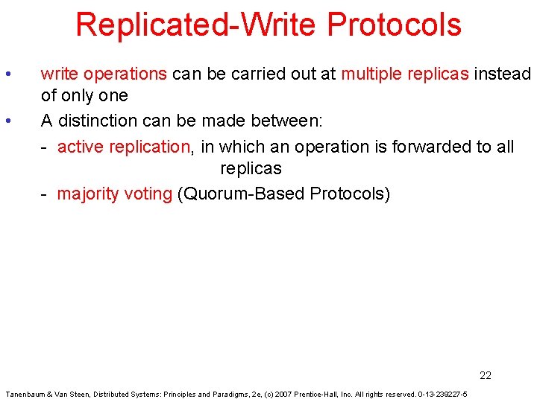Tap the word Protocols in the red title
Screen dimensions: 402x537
pos(394,25)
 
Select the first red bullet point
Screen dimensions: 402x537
pos(7,74)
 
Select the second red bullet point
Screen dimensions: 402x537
pos(7,121)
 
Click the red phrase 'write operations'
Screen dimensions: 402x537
pos(104,74)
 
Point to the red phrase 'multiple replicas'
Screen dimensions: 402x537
pos(405,74)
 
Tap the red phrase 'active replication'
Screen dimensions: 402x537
pos(124,147)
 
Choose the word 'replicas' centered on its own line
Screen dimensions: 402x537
pos(251,168)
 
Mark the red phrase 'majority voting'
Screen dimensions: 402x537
pos(114,194)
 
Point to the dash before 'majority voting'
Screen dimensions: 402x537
pos(45,194)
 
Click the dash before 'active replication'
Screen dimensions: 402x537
pos(45,147)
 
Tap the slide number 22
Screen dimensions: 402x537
pos(486,375)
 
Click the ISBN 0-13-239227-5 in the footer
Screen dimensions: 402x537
pos(440,394)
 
